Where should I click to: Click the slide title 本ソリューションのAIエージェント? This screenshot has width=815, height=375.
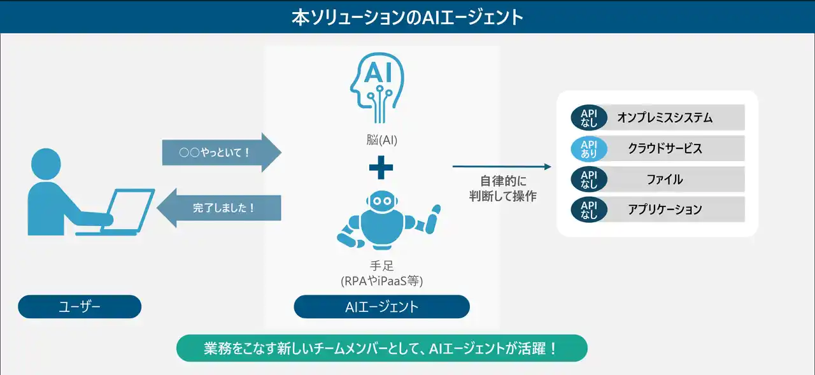407,17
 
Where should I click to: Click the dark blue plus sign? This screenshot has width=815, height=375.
381,167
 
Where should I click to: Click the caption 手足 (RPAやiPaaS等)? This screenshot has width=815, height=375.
381,274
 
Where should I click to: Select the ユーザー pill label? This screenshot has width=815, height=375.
80,307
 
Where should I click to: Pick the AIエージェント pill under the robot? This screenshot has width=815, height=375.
381,307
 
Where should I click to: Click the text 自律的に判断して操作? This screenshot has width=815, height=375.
501,189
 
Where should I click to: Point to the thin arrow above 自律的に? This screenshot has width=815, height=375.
502,167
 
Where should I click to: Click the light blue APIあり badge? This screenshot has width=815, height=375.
589,148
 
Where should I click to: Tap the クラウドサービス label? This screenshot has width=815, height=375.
664,148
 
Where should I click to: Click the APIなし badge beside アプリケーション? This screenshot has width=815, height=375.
589,209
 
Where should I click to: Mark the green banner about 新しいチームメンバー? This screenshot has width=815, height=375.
381,348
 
